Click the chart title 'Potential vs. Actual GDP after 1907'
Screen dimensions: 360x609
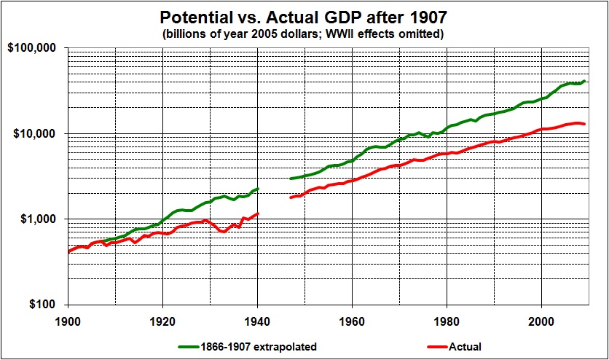(304, 15)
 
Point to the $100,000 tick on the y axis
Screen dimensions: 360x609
(36, 48)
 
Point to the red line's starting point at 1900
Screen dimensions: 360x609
(68, 251)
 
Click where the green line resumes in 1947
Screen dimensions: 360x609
(290, 179)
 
